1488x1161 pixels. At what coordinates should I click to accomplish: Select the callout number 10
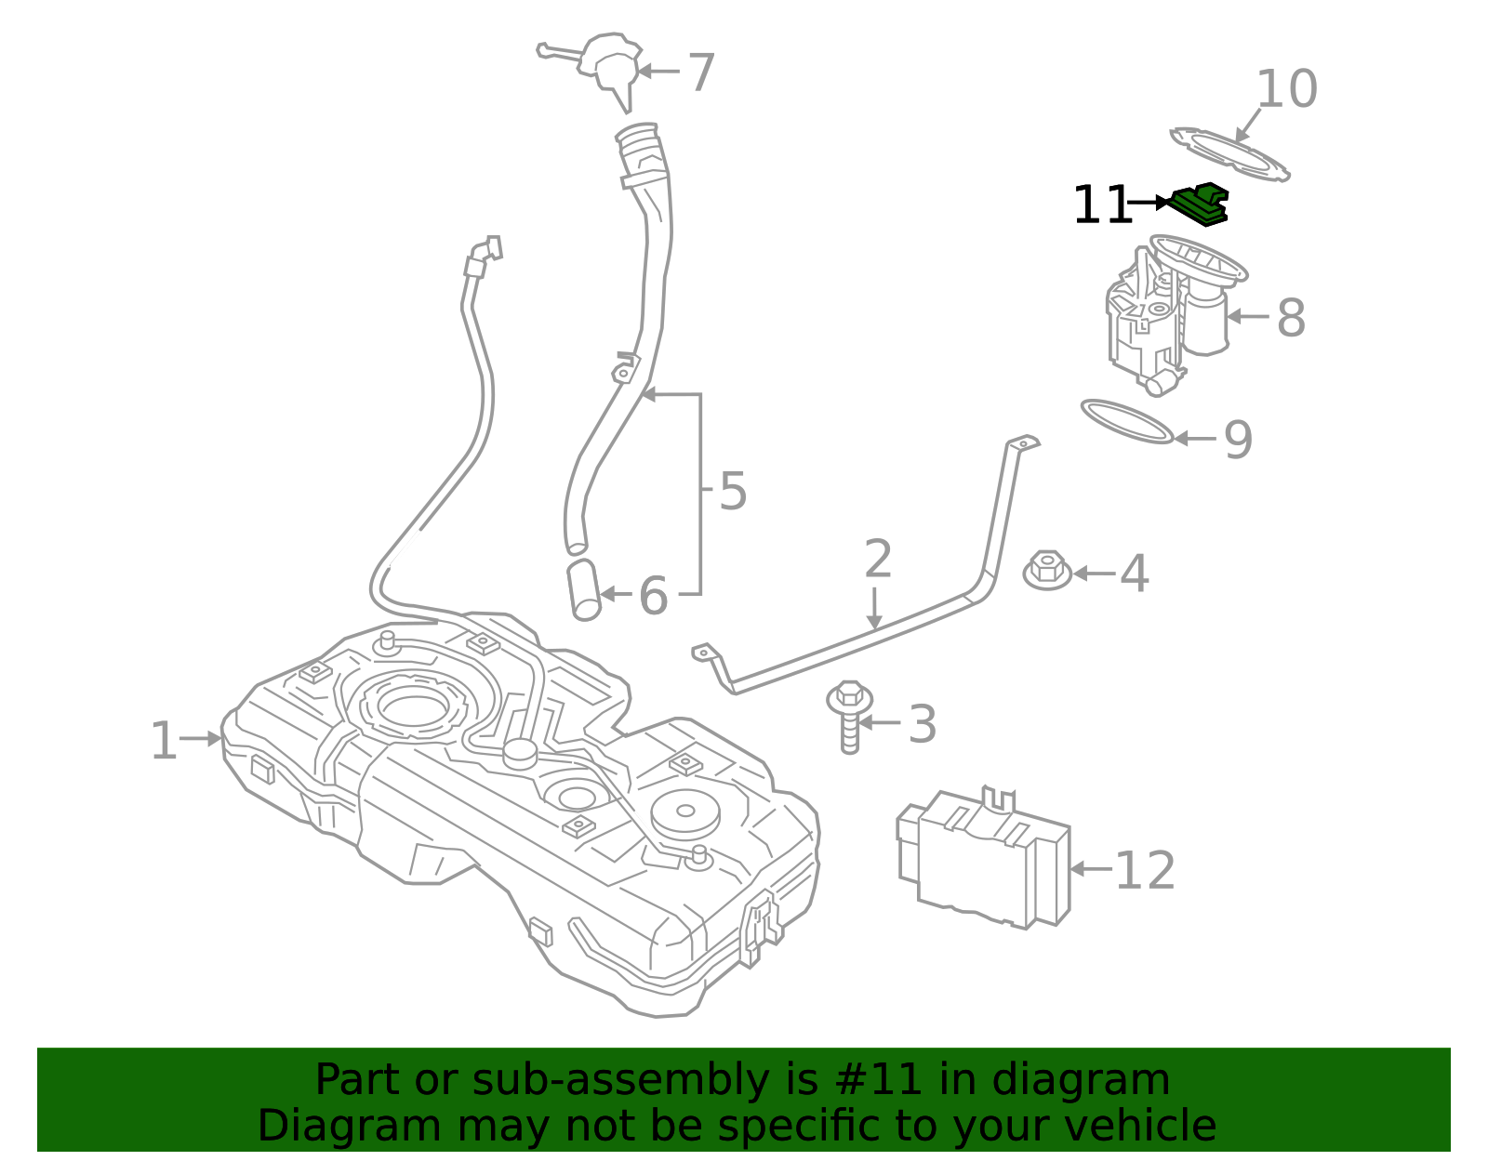[1286, 89]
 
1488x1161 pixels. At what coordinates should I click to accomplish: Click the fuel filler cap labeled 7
[608, 65]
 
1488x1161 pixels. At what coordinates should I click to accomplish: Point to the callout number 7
[700, 73]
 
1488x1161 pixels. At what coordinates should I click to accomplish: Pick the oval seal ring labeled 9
[1126, 421]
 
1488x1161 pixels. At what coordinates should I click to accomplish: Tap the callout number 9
[1238, 440]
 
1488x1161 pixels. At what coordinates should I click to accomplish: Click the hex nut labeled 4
[1047, 571]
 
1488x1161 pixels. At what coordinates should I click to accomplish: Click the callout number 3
[922, 725]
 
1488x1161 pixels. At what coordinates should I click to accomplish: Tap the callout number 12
[1144, 871]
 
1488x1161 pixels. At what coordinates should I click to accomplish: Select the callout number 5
[733, 491]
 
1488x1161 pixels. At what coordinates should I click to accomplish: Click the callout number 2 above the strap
[878, 559]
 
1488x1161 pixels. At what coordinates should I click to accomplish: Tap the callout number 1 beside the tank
[164, 741]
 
